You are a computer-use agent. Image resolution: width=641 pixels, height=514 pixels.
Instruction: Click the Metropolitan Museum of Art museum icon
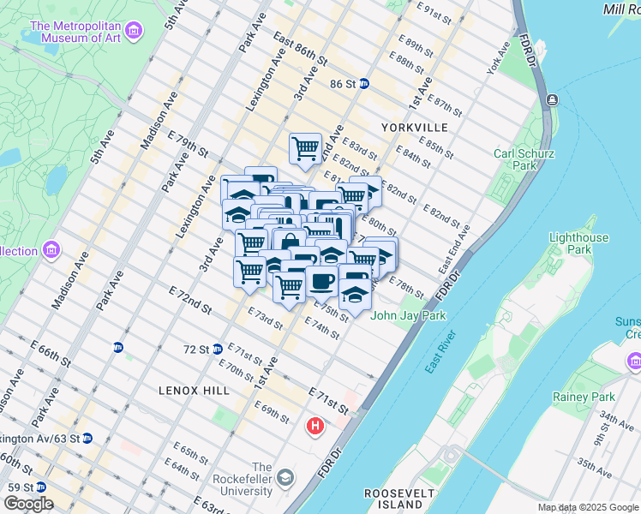[133, 33]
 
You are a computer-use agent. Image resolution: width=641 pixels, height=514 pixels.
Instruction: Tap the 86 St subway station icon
[364, 84]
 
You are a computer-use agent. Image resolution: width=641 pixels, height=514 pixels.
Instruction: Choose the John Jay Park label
[408, 315]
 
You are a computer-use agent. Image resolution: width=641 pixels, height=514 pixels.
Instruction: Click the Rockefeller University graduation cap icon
[285, 478]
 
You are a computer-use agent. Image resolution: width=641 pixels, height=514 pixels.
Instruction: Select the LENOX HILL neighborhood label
[194, 390]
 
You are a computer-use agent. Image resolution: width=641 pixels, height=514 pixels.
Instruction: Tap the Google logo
[28, 504]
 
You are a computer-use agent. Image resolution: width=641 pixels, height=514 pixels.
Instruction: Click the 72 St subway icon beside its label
[219, 349]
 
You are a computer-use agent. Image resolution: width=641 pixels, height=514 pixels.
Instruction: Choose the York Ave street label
[499, 59]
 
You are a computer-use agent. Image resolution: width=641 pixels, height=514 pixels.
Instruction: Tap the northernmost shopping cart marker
[305, 149]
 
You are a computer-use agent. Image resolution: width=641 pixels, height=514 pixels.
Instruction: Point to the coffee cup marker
[321, 281]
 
